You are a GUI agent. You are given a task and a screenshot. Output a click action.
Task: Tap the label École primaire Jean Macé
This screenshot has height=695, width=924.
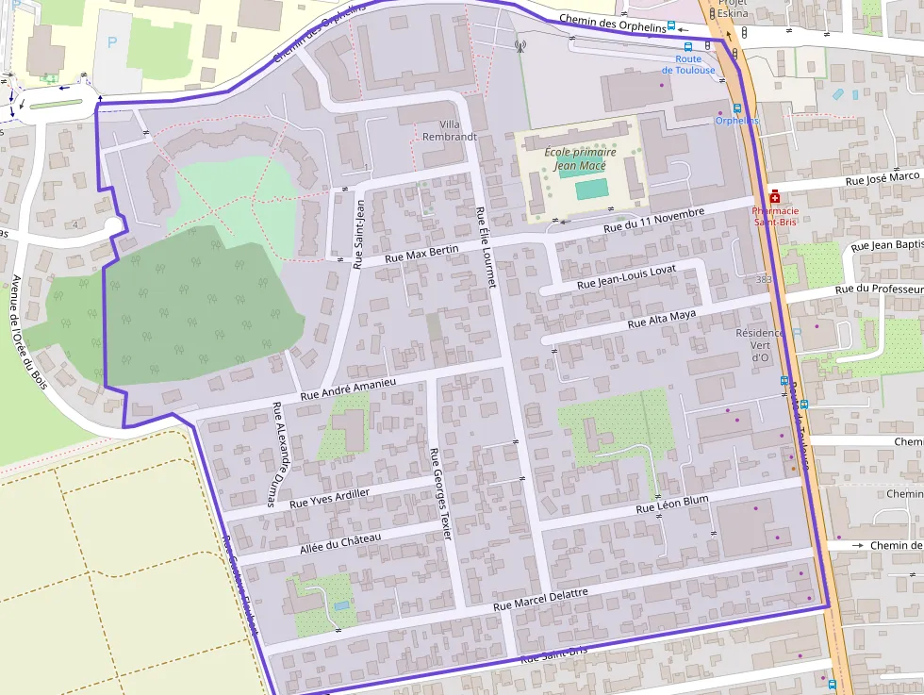(580, 158)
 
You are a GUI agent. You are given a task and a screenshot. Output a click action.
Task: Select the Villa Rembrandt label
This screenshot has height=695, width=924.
(450, 130)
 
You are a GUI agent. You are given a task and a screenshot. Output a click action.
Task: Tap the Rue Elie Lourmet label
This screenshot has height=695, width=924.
(486, 246)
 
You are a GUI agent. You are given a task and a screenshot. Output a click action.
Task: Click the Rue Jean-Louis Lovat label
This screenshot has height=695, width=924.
(626, 277)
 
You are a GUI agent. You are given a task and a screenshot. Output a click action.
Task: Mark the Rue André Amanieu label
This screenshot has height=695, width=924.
(347, 389)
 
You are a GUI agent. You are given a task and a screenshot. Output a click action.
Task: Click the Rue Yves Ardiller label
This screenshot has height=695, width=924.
(329, 498)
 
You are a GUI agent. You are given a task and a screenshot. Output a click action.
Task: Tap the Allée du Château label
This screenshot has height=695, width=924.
(339, 543)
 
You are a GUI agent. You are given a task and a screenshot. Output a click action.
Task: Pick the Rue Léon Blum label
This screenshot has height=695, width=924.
(671, 504)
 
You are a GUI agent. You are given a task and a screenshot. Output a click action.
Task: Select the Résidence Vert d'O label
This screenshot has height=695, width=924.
(760, 344)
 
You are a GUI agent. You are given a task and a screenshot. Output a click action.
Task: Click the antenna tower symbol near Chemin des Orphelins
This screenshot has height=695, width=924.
(519, 44)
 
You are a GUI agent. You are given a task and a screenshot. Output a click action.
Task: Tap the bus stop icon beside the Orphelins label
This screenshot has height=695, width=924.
(737, 108)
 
